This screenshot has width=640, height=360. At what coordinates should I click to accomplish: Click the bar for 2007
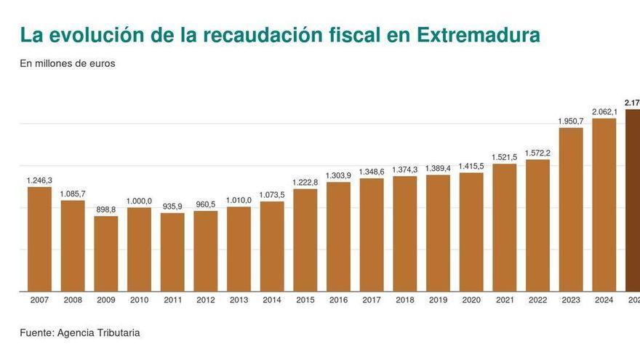(39, 239)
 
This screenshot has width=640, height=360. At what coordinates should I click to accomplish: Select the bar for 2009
(106, 254)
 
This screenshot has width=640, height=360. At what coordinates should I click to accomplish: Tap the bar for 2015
(305, 240)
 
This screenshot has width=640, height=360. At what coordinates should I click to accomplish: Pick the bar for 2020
(471, 232)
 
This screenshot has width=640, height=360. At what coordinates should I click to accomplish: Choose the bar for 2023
(571, 209)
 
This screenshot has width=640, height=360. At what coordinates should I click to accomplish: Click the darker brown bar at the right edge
(633, 201)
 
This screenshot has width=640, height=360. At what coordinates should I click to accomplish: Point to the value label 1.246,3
(39, 180)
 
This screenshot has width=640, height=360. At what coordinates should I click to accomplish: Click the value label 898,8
(106, 209)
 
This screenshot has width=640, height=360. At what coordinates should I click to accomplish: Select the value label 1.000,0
(139, 201)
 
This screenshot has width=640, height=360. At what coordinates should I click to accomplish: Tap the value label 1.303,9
(339, 175)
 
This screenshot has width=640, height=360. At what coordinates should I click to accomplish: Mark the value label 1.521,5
(505, 157)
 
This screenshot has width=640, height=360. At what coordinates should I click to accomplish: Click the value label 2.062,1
(604, 111)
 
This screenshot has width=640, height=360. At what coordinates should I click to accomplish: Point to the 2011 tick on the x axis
(172, 300)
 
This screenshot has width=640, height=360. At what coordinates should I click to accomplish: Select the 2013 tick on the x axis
(239, 300)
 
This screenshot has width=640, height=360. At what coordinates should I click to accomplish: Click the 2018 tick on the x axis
(405, 300)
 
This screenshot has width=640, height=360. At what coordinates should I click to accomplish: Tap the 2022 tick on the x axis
(537, 300)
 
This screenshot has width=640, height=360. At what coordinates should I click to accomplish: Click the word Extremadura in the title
(478, 35)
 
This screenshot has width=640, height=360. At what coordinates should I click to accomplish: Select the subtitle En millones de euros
(68, 63)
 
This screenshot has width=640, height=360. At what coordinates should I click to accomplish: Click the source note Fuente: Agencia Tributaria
(80, 332)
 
